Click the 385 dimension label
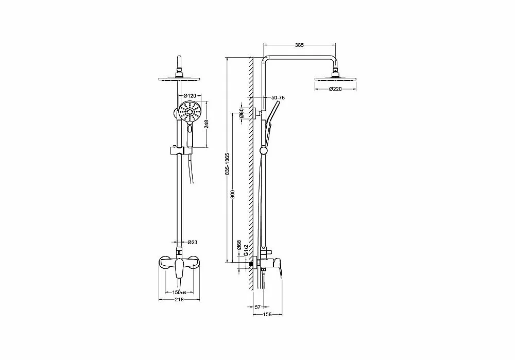[x=299, y=45]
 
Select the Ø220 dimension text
[x=335, y=89]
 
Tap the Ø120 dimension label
[x=190, y=96]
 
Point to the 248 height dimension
[x=206, y=124]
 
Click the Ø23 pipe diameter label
[x=193, y=243]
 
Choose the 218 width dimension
[x=179, y=299]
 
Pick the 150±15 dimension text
[x=179, y=293]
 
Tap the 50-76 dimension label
[x=278, y=97]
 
